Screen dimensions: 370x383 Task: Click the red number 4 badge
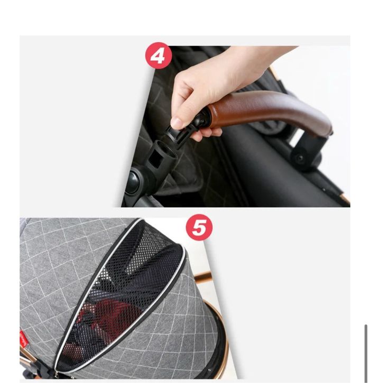pyautogui.click(x=159, y=55)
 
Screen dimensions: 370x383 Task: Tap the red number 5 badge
pyautogui.click(x=199, y=227)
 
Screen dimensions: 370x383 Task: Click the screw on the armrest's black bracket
pyautogui.click(x=300, y=158)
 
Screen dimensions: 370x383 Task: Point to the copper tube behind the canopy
pyautogui.click(x=203, y=277)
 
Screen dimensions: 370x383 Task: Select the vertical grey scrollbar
pyautogui.click(x=366, y=353)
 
